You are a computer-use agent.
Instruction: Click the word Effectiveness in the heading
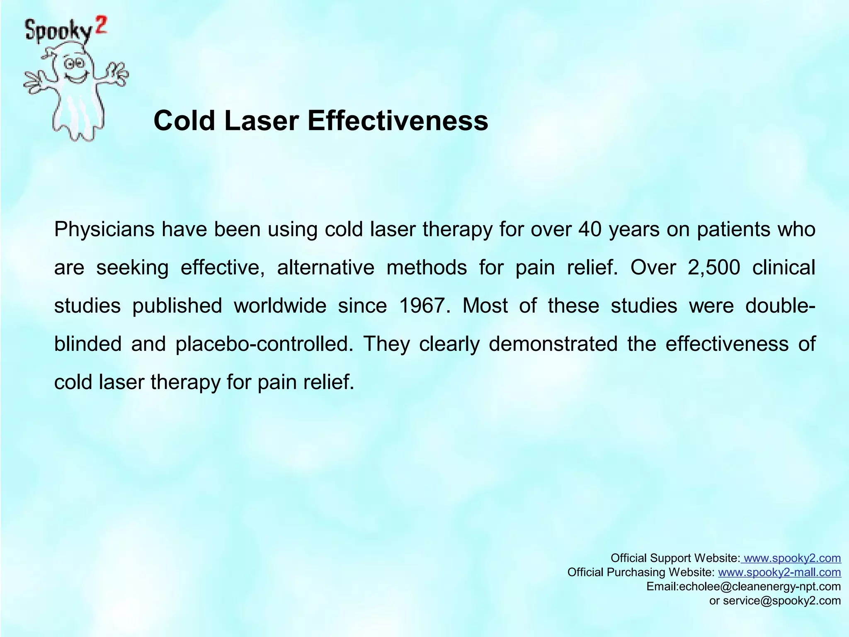tap(398, 121)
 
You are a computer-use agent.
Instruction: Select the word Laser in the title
tap(262, 121)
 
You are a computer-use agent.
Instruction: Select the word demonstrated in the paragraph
tap(553, 344)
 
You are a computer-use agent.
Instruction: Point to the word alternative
tap(326, 267)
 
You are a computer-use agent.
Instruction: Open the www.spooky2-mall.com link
tap(779, 572)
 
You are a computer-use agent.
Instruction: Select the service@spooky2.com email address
tap(782, 601)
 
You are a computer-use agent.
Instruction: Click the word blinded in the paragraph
tap(88, 344)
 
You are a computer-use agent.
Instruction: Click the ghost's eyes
tap(75, 63)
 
